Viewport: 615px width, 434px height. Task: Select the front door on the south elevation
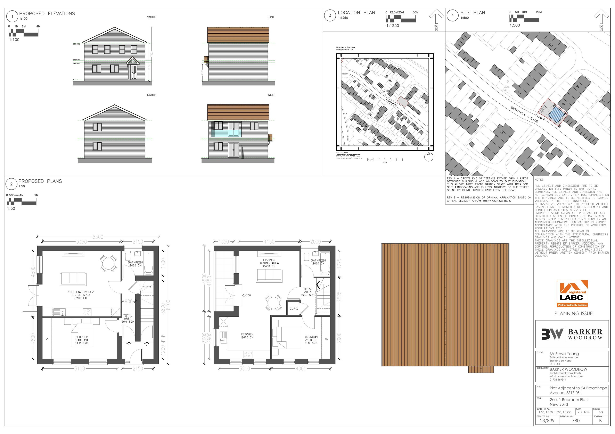coord(133,72)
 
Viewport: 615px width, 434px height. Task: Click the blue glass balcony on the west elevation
coord(226,133)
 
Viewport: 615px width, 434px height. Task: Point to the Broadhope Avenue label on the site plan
coord(524,114)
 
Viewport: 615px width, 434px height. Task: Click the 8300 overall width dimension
coord(98,237)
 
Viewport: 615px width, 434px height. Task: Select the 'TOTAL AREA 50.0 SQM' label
coord(128,318)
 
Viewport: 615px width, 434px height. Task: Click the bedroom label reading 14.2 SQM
coord(82,340)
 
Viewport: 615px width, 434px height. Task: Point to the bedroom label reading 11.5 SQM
coord(311,340)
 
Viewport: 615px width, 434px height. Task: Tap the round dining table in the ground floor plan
coord(108,263)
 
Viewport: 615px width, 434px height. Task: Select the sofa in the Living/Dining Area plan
coord(269,275)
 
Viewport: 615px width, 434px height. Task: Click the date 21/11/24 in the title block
coord(583,412)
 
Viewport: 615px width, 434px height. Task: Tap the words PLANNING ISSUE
coord(573,313)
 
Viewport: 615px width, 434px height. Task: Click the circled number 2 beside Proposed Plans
coord(11,184)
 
